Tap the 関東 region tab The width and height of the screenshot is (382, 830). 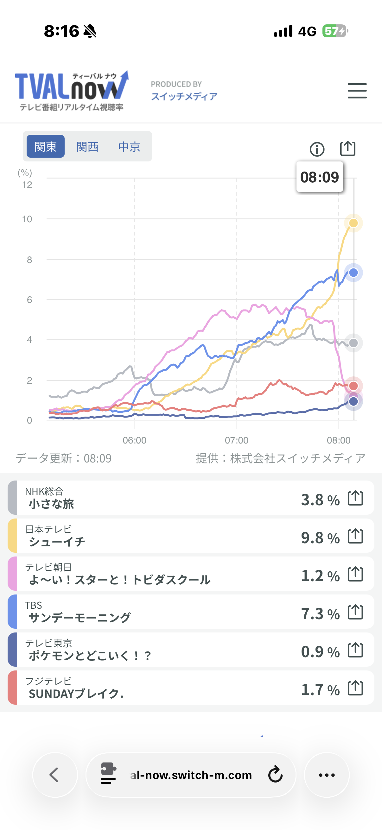(x=45, y=147)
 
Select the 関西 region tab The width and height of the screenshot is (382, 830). (x=87, y=147)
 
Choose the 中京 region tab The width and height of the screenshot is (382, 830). (x=129, y=147)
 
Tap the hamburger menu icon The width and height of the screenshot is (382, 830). (x=357, y=91)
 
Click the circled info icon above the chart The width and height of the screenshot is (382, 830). (x=317, y=149)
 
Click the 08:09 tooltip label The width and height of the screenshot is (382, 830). (x=320, y=177)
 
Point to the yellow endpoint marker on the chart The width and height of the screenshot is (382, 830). (x=353, y=223)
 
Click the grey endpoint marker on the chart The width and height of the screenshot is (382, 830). (x=353, y=343)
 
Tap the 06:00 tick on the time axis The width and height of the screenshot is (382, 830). (x=134, y=440)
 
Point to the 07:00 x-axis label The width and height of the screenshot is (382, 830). (x=236, y=440)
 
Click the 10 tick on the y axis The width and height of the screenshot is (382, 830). (x=27, y=219)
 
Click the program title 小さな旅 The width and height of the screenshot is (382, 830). (x=52, y=504)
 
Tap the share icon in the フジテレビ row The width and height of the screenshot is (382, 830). (x=355, y=689)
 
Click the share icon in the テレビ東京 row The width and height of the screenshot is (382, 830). (x=355, y=651)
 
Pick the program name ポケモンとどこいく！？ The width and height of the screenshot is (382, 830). (x=90, y=655)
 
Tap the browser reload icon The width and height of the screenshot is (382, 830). (x=275, y=775)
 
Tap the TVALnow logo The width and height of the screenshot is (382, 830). (x=72, y=91)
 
